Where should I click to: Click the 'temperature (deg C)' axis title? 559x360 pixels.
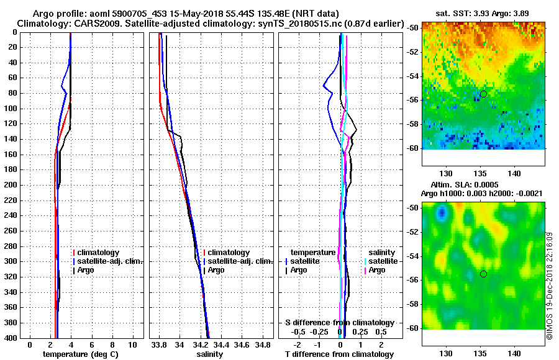tap(80, 354)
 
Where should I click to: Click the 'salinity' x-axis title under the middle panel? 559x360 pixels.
tap(209, 354)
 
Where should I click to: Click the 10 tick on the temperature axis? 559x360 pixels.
tap(132, 344)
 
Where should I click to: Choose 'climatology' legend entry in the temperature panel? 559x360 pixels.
tap(101, 253)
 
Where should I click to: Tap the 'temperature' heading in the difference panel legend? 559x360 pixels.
tap(313, 253)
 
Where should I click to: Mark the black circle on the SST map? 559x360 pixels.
tap(483, 94)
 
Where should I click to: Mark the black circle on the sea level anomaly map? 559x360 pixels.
tap(483, 274)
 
